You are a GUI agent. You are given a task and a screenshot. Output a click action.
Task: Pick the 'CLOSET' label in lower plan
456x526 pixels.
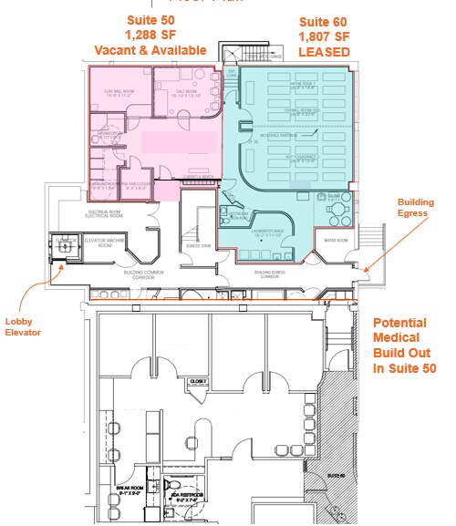pyautogui.click(x=200, y=380)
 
